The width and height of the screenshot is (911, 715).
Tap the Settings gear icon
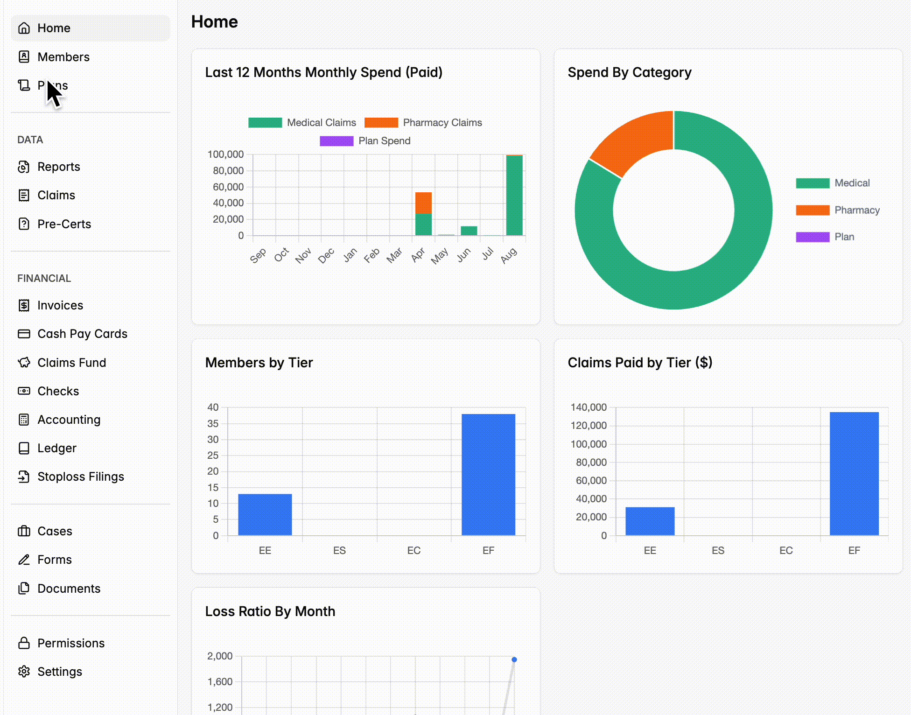pos(24,672)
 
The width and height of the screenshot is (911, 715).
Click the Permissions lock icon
pos(24,643)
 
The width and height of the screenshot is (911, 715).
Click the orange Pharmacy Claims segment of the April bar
pos(423,203)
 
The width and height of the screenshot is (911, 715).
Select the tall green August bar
pos(514,195)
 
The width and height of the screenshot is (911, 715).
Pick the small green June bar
pos(469,231)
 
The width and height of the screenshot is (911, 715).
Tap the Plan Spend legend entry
pos(365,141)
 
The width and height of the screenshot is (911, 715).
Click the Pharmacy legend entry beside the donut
pos(838,210)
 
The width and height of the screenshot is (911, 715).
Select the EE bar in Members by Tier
pos(265,514)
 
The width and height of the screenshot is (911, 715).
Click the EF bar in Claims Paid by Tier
pos(854,474)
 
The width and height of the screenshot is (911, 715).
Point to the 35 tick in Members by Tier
pos(213,424)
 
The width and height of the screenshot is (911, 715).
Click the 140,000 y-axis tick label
pos(589,407)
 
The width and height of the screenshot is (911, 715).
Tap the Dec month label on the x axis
pos(326,255)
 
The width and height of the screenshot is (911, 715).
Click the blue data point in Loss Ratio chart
pos(514,659)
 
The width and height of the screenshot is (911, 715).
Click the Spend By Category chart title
pos(630,72)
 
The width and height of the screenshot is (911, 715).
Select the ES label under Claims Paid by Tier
pos(718,551)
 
